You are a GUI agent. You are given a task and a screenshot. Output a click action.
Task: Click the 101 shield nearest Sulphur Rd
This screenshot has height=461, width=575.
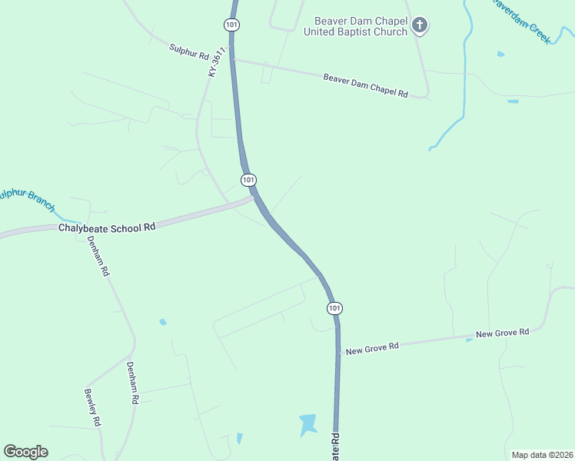232,25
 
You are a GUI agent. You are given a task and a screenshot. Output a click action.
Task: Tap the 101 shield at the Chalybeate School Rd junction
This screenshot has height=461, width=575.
248,180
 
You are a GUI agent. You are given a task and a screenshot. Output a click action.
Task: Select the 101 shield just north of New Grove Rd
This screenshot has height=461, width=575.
334,308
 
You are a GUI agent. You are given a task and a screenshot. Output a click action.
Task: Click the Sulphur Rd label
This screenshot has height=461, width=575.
189,51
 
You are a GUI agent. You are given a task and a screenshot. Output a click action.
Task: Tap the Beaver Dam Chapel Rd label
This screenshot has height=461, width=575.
365,85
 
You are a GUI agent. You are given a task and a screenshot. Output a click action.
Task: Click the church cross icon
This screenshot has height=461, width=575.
420,26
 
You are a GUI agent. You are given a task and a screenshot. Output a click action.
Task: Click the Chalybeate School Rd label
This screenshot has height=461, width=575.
108,227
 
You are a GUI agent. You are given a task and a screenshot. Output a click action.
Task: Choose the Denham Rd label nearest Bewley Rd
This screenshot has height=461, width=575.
132,383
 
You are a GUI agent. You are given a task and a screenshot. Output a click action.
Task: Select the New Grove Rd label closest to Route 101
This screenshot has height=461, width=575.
372,347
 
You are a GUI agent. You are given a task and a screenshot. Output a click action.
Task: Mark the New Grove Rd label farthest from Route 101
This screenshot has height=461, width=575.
503,333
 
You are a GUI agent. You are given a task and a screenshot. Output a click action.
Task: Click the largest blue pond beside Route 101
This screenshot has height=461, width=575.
307,423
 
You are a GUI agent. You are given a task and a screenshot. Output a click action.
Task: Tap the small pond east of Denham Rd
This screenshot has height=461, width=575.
163,322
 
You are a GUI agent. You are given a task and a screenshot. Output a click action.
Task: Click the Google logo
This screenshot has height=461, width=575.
25,452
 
